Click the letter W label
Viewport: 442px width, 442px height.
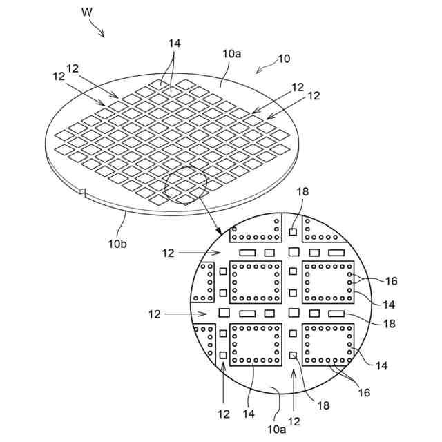[x=86, y=11]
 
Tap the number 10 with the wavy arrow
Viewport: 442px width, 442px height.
[x=285, y=59]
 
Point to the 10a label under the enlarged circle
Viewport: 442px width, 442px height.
[x=277, y=429]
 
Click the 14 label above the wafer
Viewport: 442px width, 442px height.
[x=174, y=43]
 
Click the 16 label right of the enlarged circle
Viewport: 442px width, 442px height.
[x=391, y=281]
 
